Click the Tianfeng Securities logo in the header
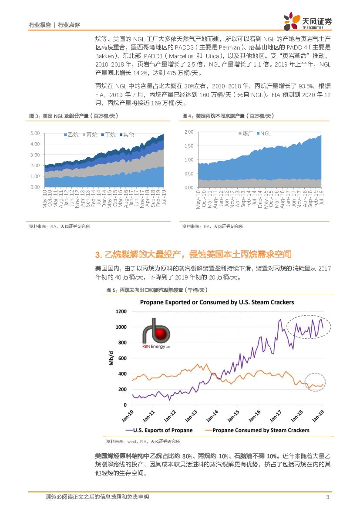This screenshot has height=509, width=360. pyautogui.click(x=307, y=21)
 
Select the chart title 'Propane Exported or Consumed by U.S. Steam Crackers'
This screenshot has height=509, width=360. pyautogui.click(x=216, y=302)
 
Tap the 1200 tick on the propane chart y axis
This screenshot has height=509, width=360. pyautogui.click(x=121, y=311)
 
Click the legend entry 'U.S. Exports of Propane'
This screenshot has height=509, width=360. pyautogui.click(x=158, y=430)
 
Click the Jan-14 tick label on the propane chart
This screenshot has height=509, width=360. pyautogui.click(x=212, y=416)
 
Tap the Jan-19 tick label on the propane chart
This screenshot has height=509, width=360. pyautogui.click(x=318, y=416)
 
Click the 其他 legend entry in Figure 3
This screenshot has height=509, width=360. pyautogui.click(x=126, y=135)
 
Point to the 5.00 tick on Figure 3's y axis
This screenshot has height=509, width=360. pyautogui.click(x=36, y=133)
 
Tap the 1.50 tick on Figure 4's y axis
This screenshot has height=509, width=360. pyautogui.click(x=188, y=146)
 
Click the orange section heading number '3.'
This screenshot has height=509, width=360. pyautogui.click(x=98, y=255)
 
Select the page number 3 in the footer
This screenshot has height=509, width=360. pyautogui.click(x=327, y=497)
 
